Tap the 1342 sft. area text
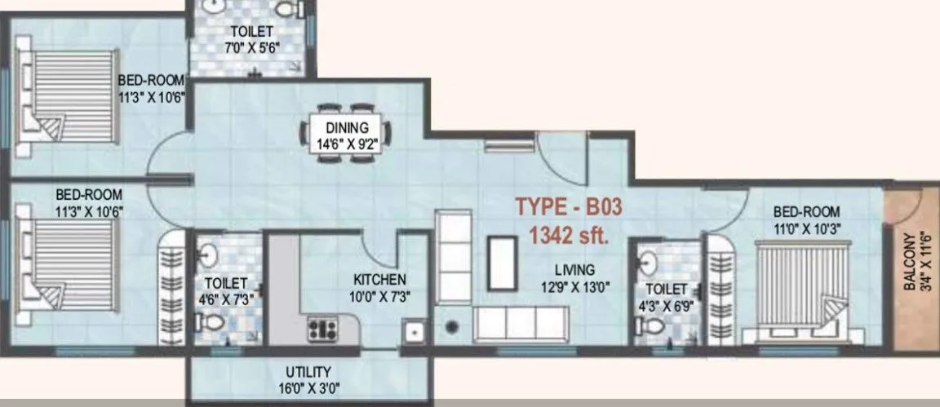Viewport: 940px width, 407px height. click(569, 237)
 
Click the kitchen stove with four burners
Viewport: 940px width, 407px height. click(322, 330)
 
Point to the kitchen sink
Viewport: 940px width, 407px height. click(413, 333)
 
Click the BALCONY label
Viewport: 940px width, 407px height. click(909, 259)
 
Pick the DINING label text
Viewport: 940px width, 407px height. click(348, 127)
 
